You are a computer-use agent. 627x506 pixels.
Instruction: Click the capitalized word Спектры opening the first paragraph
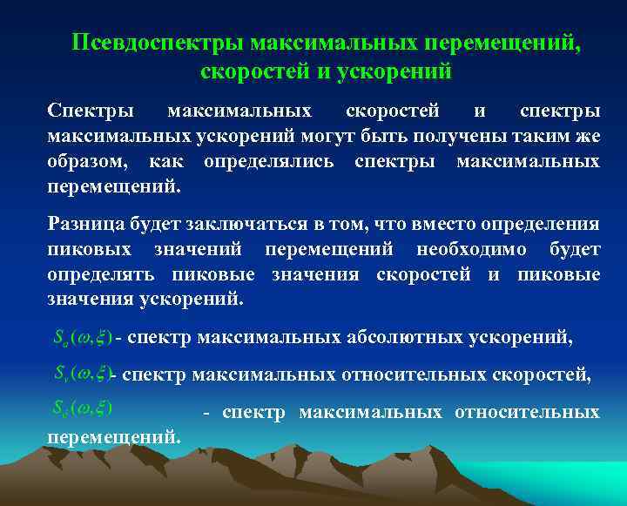tap(91, 112)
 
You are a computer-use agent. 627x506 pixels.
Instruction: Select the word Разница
tap(87, 224)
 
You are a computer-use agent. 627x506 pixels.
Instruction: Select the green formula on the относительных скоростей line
tap(79, 374)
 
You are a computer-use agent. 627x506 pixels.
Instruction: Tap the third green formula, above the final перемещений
tap(79, 406)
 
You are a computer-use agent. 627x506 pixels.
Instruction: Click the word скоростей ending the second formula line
tap(541, 374)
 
